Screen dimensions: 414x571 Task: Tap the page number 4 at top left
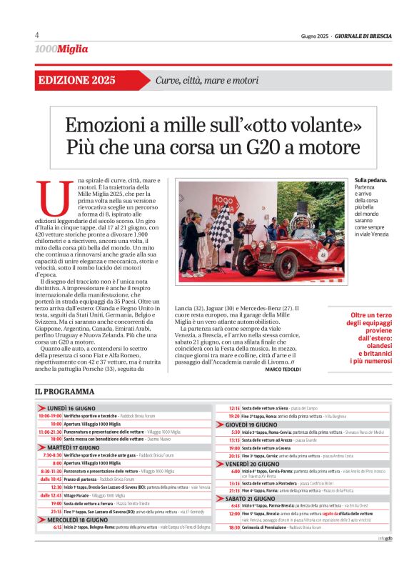coord(36,36)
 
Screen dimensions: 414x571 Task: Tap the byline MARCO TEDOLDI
coord(284,369)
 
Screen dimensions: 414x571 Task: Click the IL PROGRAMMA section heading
coord(64,392)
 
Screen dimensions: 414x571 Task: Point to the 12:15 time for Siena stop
coord(234,407)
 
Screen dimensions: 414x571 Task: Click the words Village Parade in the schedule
coord(76,495)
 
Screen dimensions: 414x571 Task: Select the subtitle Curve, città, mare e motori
coord(207,80)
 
